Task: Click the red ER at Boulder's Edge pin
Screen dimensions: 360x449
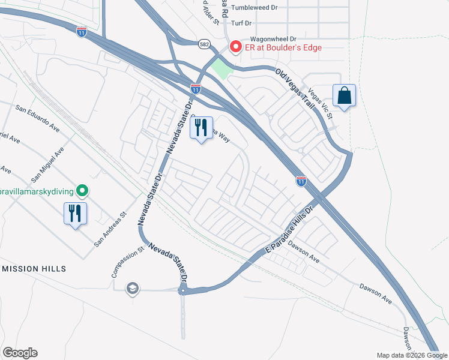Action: click(x=235, y=47)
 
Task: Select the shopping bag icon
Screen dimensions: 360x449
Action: click(x=345, y=96)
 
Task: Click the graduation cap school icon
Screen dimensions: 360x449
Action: click(x=132, y=289)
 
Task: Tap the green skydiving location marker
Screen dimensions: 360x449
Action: click(x=83, y=191)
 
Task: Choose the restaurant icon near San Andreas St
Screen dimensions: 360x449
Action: click(x=76, y=213)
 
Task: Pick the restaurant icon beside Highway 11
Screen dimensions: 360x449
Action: click(x=200, y=127)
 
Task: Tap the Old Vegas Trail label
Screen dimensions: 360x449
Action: click(x=295, y=88)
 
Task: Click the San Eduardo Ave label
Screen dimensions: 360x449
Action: click(x=38, y=119)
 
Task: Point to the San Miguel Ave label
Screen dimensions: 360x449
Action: click(x=47, y=165)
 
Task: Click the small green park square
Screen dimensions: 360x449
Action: click(x=221, y=70)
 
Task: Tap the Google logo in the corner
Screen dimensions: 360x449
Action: click(x=20, y=353)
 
